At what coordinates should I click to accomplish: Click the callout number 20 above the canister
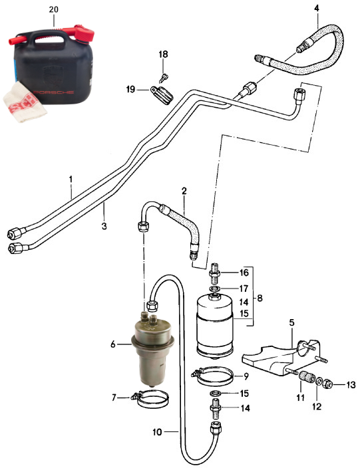(54, 9)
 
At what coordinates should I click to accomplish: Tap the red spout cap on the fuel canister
(84, 33)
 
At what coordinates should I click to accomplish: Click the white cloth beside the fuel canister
(25, 102)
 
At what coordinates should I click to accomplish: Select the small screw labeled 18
(164, 78)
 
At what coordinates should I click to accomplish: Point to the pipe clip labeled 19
(162, 94)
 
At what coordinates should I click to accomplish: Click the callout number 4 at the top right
(317, 9)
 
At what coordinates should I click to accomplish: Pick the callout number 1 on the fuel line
(71, 179)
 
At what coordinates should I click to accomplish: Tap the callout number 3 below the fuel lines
(104, 226)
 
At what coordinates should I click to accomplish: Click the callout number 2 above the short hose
(184, 191)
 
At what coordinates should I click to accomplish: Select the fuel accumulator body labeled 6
(152, 348)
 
